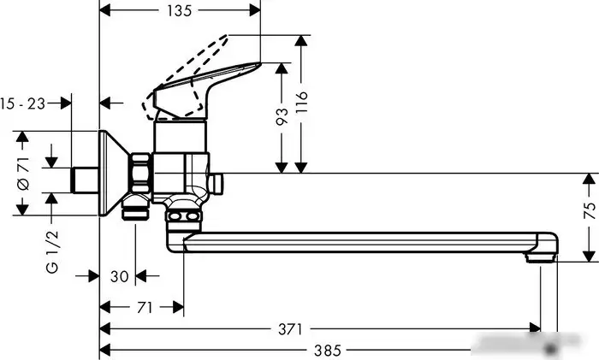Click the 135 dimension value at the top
click(x=179, y=10)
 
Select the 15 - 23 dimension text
click(x=23, y=103)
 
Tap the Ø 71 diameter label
click(x=25, y=173)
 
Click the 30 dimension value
click(x=120, y=275)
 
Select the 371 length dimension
click(x=295, y=328)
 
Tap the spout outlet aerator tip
click(x=542, y=255)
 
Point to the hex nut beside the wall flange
click(x=140, y=174)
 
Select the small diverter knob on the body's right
click(x=216, y=182)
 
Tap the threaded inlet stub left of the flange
click(x=84, y=180)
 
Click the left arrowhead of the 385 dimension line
click(x=104, y=350)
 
